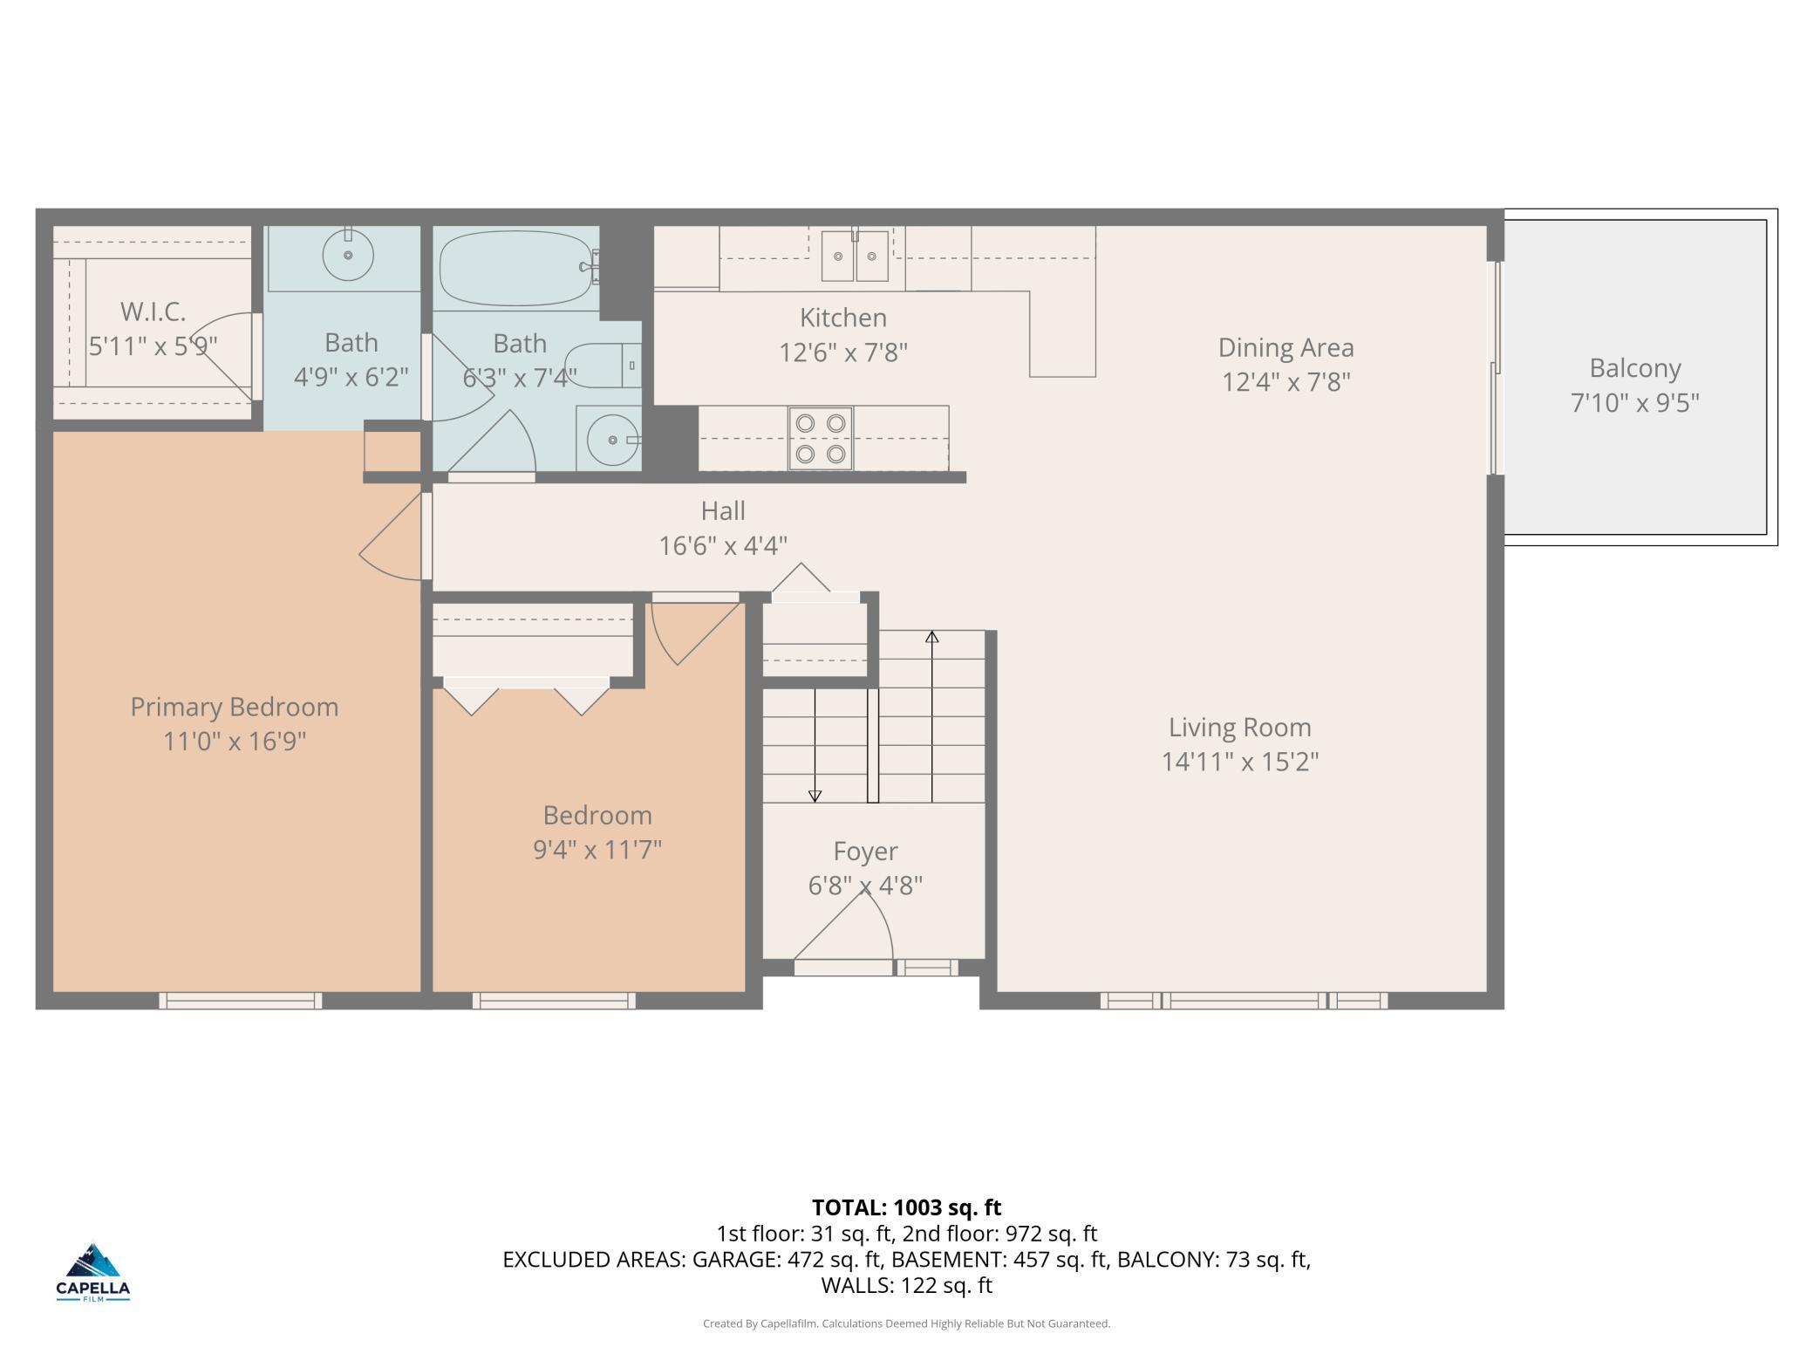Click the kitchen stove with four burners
click(x=820, y=438)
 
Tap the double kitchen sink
click(x=854, y=256)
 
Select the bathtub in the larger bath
click(x=515, y=266)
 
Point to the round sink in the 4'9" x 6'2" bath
click(x=348, y=255)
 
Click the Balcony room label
click(x=1634, y=368)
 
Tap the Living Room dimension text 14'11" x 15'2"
click(x=1239, y=762)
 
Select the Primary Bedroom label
click(x=234, y=707)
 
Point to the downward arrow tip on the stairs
click(x=815, y=796)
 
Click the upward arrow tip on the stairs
click(x=931, y=637)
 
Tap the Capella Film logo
click(x=93, y=1271)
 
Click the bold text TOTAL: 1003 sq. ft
click(x=906, y=1207)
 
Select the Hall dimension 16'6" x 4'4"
click(x=722, y=546)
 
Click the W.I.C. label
click(x=153, y=311)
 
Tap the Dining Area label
click(x=1285, y=347)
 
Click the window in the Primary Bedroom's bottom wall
click(x=240, y=1002)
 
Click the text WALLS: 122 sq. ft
click(x=906, y=1285)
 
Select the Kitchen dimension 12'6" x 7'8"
click(x=842, y=352)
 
